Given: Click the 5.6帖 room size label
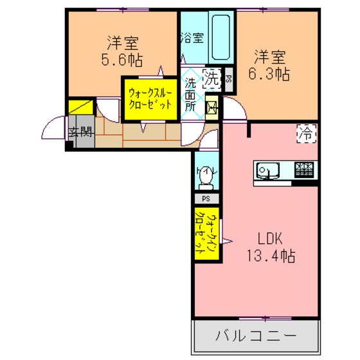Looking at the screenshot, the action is tap(122, 60).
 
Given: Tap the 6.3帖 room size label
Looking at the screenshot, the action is tap(269, 74).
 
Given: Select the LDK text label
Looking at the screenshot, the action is tap(270, 239).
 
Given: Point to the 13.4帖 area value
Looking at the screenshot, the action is tap(271, 256).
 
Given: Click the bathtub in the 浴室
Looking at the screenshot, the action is tap(221, 37).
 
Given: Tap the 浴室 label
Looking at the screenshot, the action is tap(192, 38).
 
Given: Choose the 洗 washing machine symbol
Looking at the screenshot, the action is tap(212, 78).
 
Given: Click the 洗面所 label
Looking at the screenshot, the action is tap(190, 94).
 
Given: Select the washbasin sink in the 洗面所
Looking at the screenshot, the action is tap(212, 108).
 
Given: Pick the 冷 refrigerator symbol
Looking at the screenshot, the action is tap(307, 134).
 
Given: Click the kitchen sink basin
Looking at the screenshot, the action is tap(267, 170).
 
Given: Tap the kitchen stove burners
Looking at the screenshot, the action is tap(304, 170).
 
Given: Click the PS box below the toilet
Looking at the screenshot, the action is tap(206, 199).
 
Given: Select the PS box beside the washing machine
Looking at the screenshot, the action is tap(229, 79).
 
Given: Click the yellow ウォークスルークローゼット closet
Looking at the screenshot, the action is tap(150, 100).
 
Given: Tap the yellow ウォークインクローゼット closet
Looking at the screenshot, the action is tap(206, 234).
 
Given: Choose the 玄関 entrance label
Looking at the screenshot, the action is tap(81, 132).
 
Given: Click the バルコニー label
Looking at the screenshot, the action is tap(256, 336).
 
